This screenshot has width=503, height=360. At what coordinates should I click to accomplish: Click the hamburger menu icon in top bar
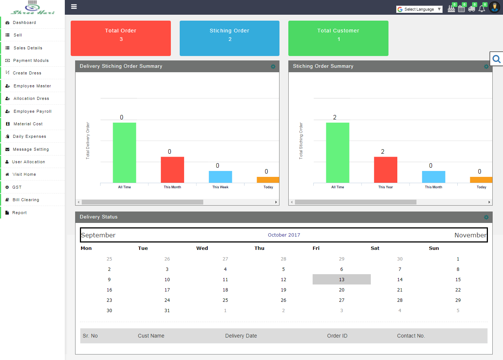point(74,7)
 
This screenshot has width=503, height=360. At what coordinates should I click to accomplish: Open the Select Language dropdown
point(419,9)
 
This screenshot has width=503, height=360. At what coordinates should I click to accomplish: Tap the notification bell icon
point(482,8)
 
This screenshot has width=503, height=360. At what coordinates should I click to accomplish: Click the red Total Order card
point(121,38)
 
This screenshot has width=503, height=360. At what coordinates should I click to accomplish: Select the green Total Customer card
point(338,38)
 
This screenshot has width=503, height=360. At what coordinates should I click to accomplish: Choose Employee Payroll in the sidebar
point(32,111)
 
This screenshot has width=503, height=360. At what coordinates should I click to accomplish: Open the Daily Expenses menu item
point(29,136)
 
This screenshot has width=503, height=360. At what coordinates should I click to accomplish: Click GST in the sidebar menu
point(17,187)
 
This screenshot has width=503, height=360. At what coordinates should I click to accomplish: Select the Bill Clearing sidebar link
point(26,200)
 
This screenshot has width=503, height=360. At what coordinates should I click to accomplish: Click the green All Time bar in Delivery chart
point(124,153)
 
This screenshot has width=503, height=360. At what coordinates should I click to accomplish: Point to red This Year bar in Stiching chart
point(386,169)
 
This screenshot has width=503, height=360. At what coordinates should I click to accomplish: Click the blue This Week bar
point(220,177)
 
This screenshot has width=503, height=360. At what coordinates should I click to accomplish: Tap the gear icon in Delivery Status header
point(486,217)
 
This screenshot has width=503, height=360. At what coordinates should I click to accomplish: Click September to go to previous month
point(98,235)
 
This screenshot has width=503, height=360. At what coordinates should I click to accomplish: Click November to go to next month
point(470,235)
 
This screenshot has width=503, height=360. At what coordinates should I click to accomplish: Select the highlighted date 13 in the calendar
point(341,280)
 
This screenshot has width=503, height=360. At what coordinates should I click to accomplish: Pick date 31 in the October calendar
point(167,311)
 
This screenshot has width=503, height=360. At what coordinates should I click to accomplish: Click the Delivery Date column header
point(241,336)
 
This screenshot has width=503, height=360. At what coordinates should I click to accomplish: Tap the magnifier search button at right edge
point(496,59)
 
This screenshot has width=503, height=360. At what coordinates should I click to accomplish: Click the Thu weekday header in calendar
point(259,248)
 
